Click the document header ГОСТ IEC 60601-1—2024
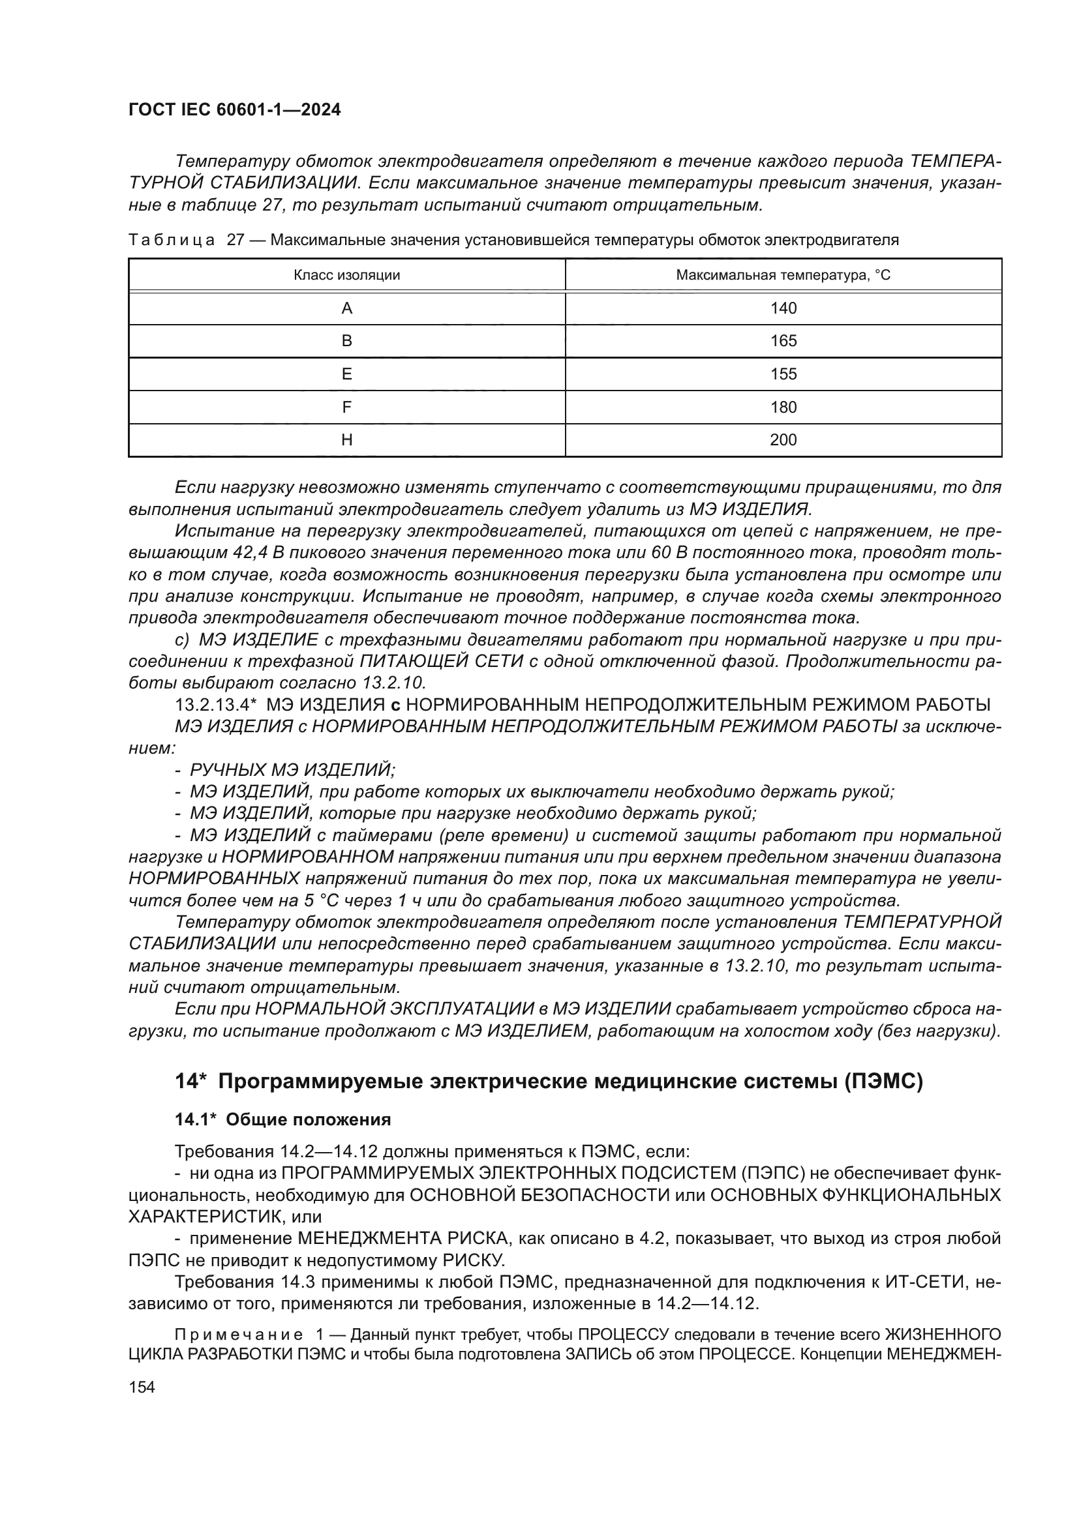[x=235, y=110]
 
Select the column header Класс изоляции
[x=347, y=275]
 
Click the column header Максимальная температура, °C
[x=783, y=275]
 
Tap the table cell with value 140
[x=783, y=308]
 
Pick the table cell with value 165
[x=783, y=341]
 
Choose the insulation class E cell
[x=347, y=374]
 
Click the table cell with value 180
[x=783, y=407]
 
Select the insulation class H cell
[x=347, y=439]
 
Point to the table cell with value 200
[x=783, y=439]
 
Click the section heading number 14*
[x=190, y=1082]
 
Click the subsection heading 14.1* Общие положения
[x=283, y=1120]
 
